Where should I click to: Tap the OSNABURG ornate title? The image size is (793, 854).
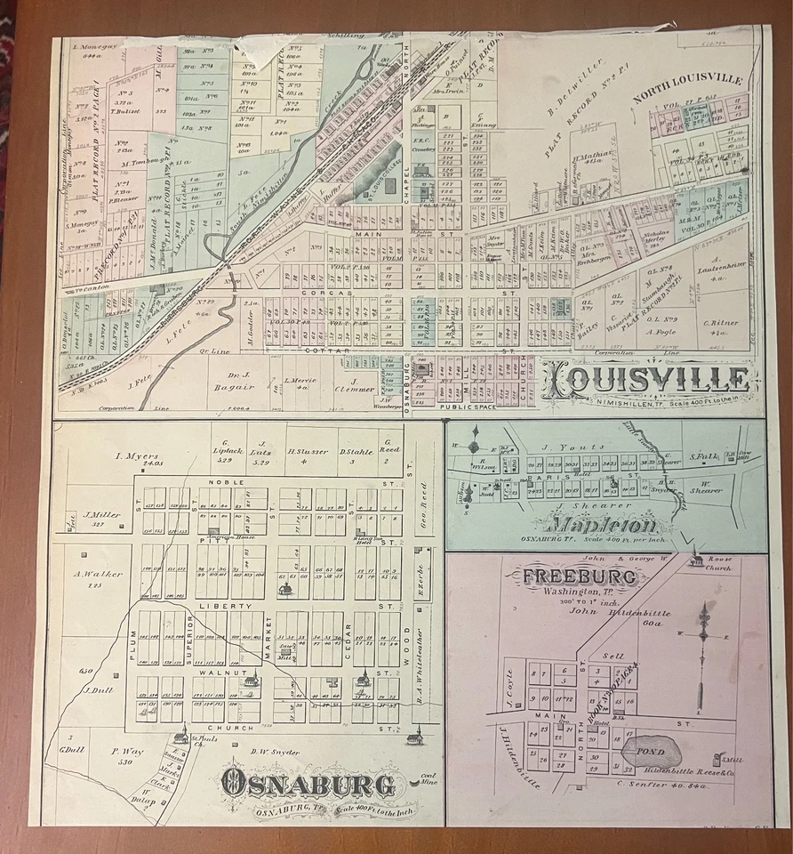[x=308, y=784]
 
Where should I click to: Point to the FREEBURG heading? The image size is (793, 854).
[x=579, y=576]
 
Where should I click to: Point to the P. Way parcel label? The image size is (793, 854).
[x=127, y=752]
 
